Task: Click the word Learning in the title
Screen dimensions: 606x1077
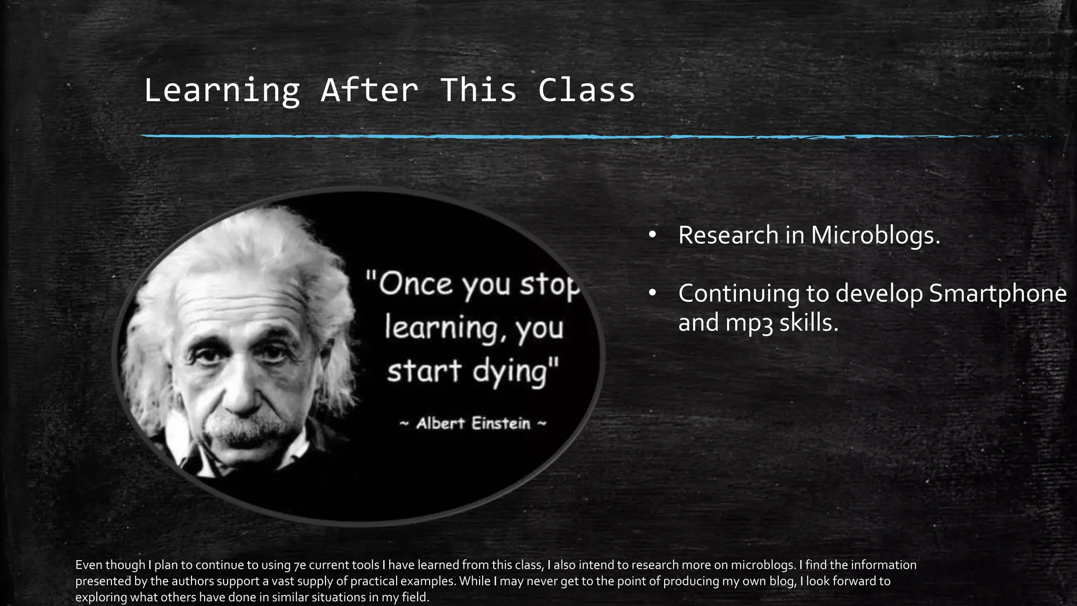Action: [x=221, y=90]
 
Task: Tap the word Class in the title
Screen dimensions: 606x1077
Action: [x=586, y=90]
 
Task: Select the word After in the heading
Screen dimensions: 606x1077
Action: [x=370, y=90]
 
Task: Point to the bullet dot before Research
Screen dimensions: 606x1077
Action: [x=652, y=235]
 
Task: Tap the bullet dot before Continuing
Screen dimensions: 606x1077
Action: [x=652, y=293]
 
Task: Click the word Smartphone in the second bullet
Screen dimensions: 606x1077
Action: [x=998, y=294]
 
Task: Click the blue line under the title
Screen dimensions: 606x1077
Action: [x=473, y=136]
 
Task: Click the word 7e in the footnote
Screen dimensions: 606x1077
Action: [x=299, y=565]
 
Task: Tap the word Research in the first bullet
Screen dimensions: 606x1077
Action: [x=728, y=235]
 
